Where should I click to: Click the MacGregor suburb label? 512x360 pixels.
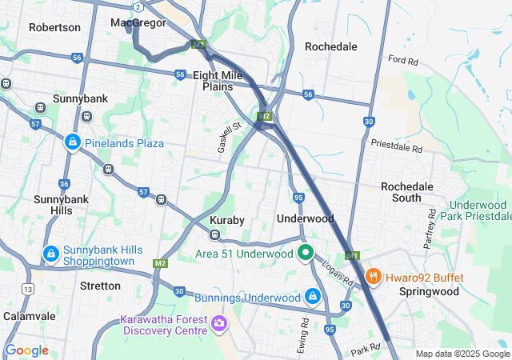(138, 22)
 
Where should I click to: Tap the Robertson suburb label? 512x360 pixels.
(54, 27)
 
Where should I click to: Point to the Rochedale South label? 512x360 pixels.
(406, 192)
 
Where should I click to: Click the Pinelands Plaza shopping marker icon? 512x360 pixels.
(73, 142)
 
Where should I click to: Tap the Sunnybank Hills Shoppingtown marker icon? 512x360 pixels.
(50, 255)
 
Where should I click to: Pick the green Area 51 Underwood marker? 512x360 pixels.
(305, 254)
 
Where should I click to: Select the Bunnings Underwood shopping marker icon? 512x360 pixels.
(313, 298)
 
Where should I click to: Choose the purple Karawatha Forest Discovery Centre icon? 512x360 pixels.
(218, 325)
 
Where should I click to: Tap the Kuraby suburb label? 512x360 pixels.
(226, 219)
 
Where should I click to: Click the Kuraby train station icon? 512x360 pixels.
(215, 235)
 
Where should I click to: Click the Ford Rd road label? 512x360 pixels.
(402, 60)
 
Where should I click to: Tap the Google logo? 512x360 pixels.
(26, 350)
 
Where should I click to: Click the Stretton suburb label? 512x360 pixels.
(100, 286)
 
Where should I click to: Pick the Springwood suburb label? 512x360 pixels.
(429, 291)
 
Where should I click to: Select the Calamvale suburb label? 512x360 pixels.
(27, 316)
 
